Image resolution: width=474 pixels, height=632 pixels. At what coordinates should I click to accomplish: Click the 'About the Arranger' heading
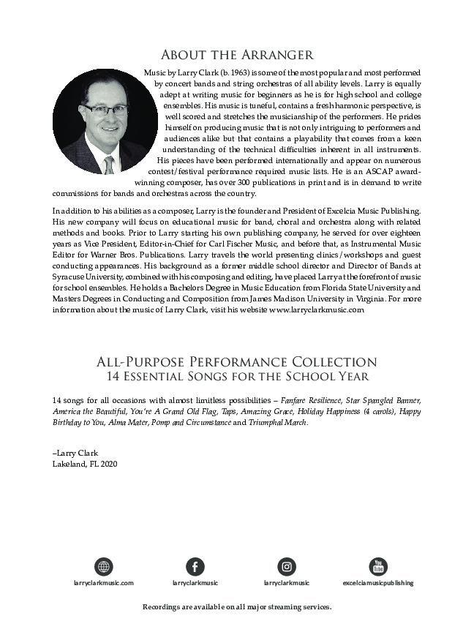pos(237,55)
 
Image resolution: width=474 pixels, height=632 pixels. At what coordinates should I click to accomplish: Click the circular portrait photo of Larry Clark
pos(105,121)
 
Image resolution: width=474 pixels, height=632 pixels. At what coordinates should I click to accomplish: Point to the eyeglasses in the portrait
pos(106,109)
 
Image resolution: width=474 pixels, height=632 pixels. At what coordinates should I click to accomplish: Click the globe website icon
pos(104,566)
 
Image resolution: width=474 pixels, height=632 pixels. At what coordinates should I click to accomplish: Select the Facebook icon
pos(195,566)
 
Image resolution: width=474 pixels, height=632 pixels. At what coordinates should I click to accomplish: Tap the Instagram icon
pos(287,566)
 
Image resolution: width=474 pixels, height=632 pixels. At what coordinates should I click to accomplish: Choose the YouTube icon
pos(378,566)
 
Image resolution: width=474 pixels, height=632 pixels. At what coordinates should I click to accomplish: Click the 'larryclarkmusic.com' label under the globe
pos(104,583)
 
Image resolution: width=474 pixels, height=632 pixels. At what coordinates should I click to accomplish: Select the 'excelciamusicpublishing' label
pos(378,583)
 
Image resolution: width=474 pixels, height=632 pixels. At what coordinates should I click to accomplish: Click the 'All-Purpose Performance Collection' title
pos(237,362)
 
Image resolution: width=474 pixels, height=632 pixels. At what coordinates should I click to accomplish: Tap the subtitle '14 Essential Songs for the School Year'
pos(237,377)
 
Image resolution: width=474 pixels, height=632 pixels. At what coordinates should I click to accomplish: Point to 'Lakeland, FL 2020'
pos(85,464)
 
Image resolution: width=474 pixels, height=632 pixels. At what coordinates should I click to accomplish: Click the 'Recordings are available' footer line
pos(237,607)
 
